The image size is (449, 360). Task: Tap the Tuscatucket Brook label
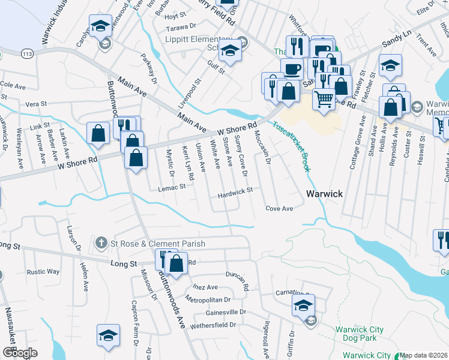(292, 147)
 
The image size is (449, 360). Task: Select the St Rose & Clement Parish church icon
(100, 244)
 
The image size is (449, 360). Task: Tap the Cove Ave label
(279, 208)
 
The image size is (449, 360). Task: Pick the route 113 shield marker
(28, 53)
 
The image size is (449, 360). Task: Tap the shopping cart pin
(324, 98)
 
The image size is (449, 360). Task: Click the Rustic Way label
(43, 272)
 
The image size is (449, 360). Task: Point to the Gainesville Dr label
(226, 312)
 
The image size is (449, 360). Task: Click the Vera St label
(37, 104)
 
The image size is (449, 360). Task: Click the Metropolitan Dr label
(208, 299)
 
